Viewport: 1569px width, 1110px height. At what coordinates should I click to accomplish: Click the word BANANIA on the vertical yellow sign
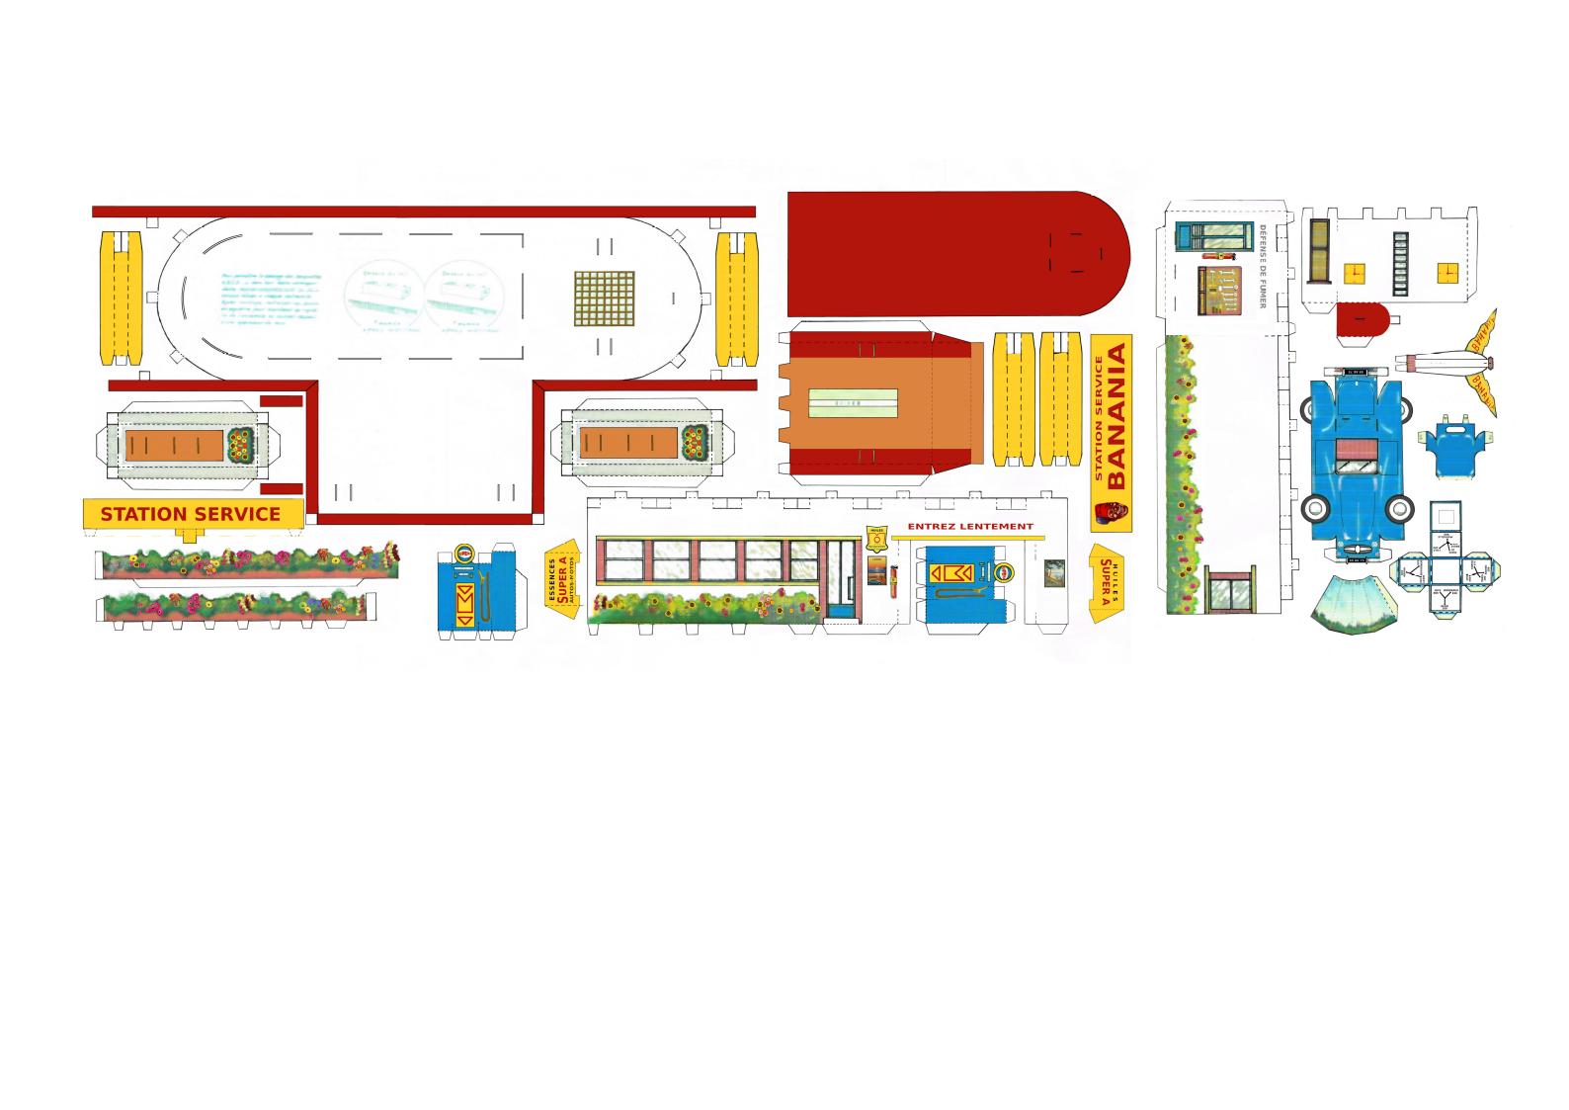[1117, 416]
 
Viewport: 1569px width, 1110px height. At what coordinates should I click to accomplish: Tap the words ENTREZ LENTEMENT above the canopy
[969, 527]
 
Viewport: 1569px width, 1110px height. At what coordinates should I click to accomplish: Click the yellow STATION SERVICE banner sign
[191, 514]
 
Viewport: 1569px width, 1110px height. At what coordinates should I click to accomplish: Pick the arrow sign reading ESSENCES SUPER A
[562, 579]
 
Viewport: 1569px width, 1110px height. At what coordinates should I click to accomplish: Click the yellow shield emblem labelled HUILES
[875, 540]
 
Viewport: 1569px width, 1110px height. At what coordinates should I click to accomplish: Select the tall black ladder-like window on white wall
[1399, 263]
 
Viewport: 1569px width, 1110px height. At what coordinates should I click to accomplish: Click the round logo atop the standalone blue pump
[462, 553]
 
